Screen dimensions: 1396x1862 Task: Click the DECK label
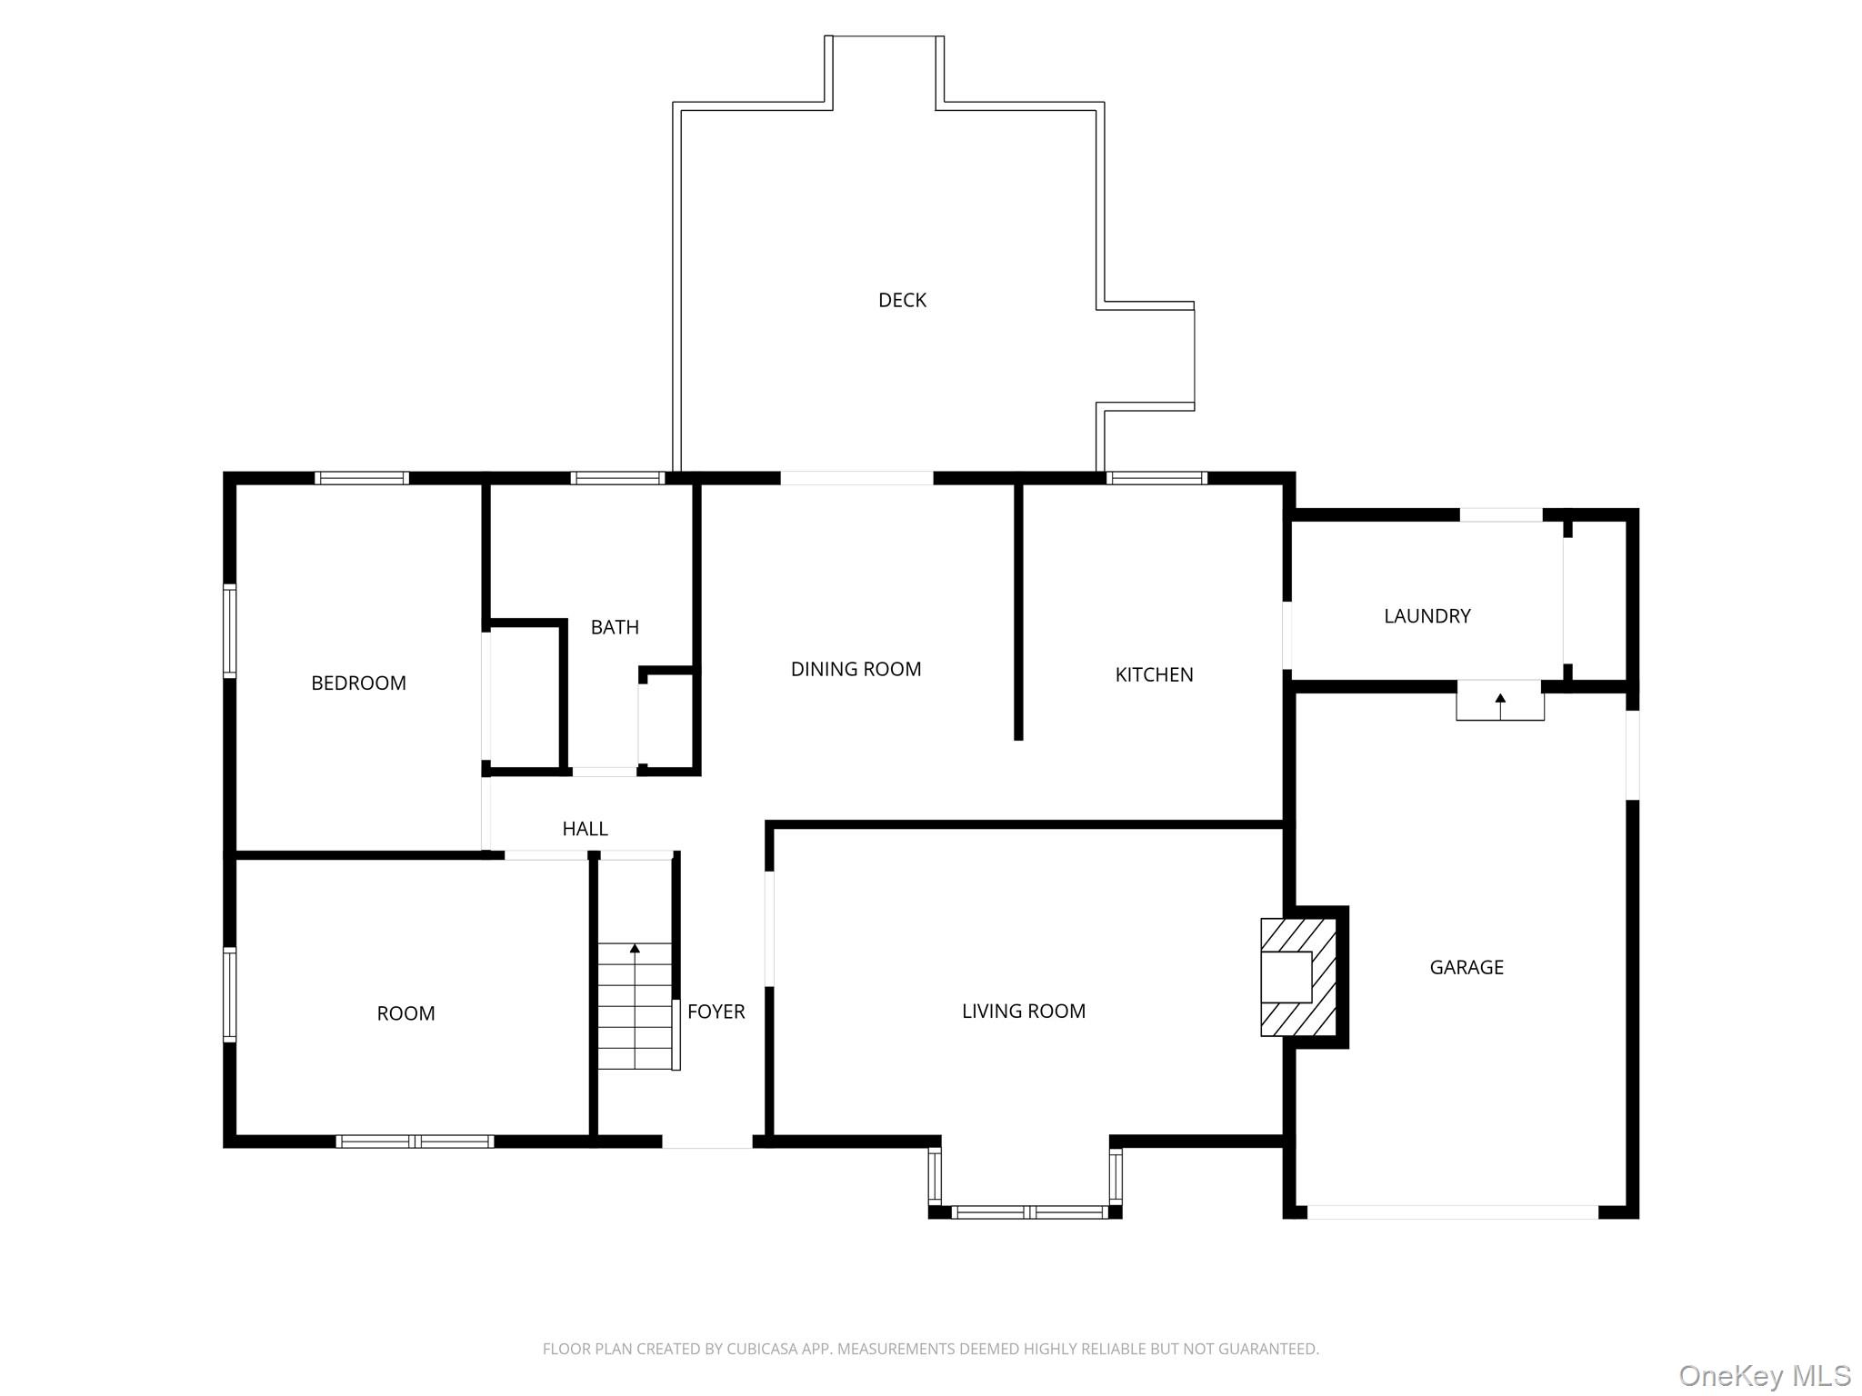902,300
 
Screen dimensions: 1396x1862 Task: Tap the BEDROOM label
358,683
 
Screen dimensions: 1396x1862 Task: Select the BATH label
615,627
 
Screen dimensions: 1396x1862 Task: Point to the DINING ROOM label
856,670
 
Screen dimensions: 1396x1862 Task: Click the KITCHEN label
1154,674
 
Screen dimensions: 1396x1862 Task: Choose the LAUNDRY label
1427,616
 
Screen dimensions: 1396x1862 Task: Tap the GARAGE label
1466,967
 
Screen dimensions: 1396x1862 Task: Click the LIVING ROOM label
1023,1012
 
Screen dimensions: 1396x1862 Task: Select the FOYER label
716,1012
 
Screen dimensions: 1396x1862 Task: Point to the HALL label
585,829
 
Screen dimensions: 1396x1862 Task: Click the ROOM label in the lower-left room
405,1013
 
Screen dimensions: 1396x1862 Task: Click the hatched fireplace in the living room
1298,977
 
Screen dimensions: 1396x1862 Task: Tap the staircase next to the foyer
635,1007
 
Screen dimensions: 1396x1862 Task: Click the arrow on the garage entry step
1500,699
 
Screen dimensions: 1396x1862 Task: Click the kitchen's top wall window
1156,478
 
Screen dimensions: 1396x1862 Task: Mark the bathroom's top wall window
617,478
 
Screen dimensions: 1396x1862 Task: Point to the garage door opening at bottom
1452,1212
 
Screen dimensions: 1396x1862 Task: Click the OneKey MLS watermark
1764,1375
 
